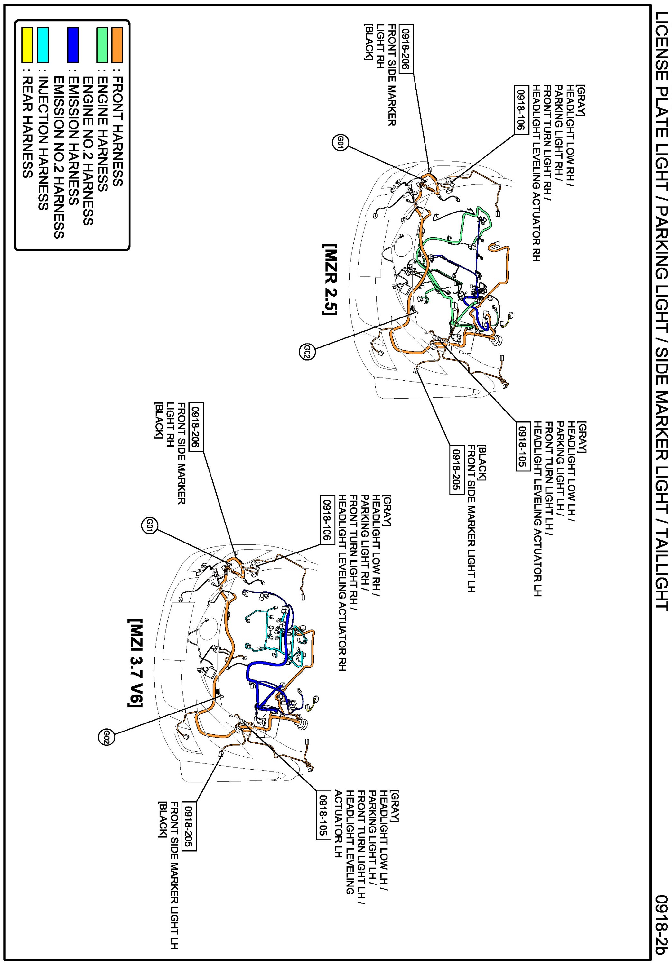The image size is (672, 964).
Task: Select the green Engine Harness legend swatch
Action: [102, 44]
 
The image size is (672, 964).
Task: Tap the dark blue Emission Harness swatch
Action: [73, 44]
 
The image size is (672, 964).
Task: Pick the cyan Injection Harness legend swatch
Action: [43, 44]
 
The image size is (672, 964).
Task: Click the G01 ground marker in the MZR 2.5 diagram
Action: [340, 143]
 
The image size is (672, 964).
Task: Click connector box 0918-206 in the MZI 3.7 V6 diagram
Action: [196, 427]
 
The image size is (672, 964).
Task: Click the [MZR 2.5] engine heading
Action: [330, 279]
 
